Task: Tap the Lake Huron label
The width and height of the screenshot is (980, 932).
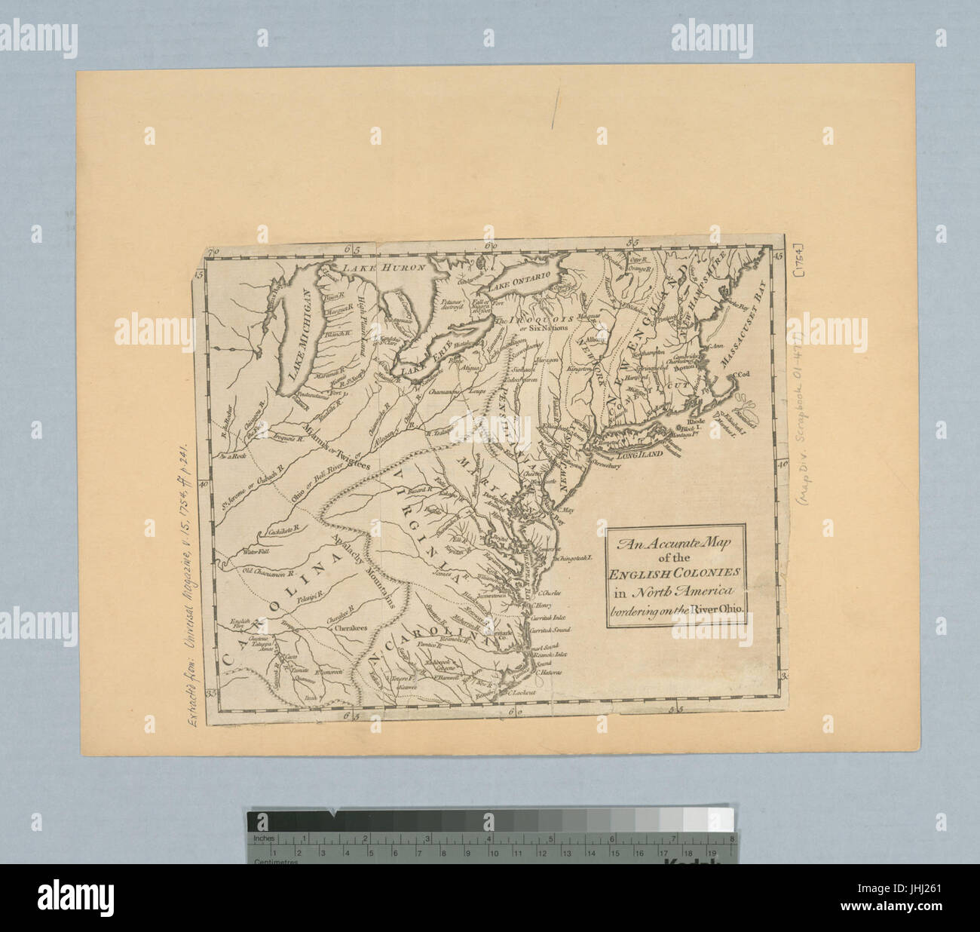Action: [381, 267]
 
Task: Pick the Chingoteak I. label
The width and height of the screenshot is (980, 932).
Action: [574, 559]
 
